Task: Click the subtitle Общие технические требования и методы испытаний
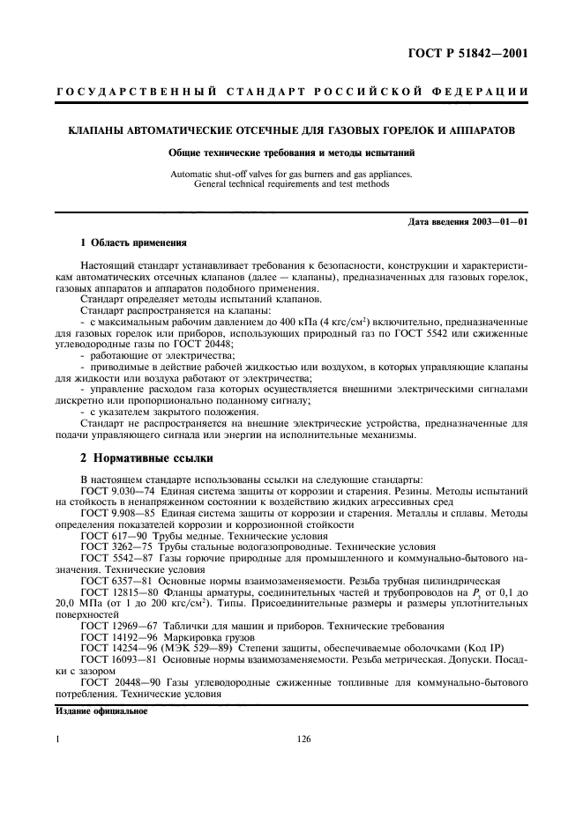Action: pyautogui.click(x=291, y=153)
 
